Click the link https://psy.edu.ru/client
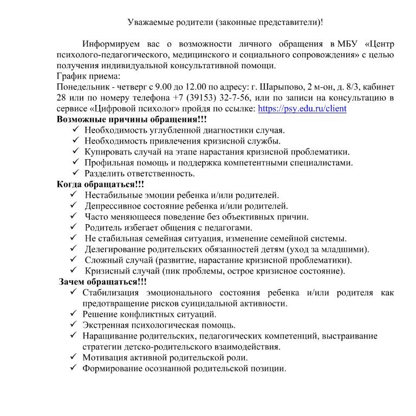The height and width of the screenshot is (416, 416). pyautogui.click(x=302, y=108)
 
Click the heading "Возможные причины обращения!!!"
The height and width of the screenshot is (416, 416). pyautogui.click(x=132, y=119)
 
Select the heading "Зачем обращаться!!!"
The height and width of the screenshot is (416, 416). pyautogui.click(x=103, y=282)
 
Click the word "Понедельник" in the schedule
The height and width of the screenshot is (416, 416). pyautogui.click(x=83, y=87)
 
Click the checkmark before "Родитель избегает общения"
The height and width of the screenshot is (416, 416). pyautogui.click(x=74, y=227)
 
